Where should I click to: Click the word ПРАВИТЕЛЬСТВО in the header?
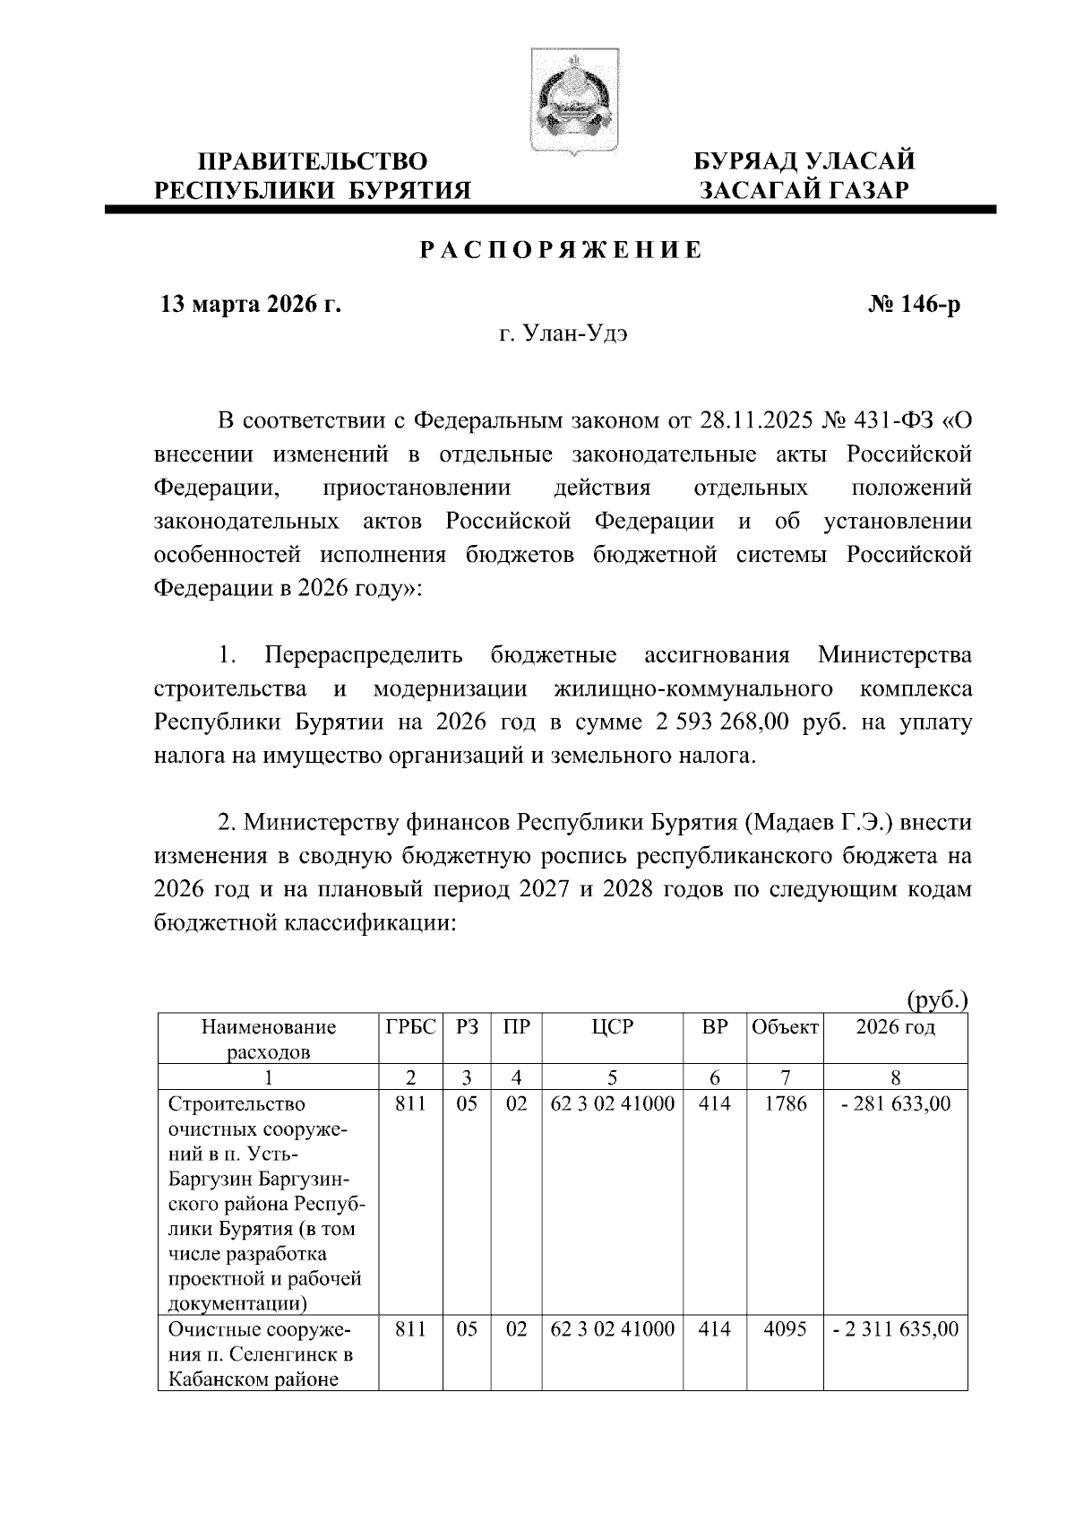pos(312,162)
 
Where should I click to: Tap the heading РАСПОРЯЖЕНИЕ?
pos(563,250)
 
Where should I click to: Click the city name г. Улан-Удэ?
pos(563,335)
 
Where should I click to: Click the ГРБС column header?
pos(410,1027)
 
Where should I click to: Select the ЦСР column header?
pos(612,1027)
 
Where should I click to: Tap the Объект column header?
pos(785,1027)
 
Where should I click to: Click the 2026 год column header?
pos(895,1027)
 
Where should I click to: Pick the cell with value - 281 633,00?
pos(895,1104)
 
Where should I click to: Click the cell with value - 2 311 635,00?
pos(895,1329)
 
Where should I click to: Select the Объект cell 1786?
pos(785,1104)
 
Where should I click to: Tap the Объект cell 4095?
pos(785,1329)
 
